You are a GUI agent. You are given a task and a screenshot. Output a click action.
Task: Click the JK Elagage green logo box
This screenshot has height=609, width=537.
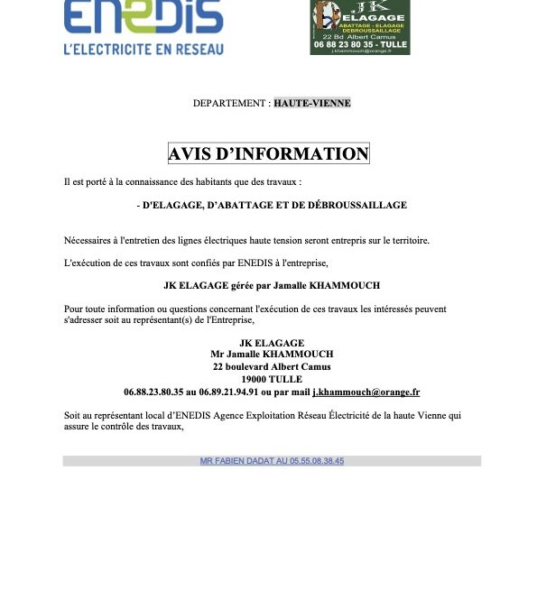pos(359,27)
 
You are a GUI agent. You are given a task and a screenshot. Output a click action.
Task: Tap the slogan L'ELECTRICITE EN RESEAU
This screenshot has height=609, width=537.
pos(144,49)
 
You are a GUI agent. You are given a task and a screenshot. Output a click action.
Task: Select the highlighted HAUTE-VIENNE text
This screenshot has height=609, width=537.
pos(312,103)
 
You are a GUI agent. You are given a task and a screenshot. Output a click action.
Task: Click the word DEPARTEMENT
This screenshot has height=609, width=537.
pos(230,103)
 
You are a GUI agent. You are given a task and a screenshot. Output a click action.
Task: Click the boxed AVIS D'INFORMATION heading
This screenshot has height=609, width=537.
pos(268,153)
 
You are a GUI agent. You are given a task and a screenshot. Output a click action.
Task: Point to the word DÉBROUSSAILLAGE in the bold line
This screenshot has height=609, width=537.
pos(358,205)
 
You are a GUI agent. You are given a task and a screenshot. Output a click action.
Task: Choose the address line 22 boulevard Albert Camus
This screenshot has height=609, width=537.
pos(272,367)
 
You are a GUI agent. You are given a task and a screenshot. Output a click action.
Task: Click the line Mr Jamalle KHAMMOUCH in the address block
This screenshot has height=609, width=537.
pos(272,355)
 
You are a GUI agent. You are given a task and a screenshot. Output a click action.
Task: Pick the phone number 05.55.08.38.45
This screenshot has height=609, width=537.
pos(315,461)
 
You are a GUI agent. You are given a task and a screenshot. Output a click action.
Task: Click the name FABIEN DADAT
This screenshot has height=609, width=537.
pos(243,461)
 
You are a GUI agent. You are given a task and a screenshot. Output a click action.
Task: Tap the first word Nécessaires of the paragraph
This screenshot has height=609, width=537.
pos(88,240)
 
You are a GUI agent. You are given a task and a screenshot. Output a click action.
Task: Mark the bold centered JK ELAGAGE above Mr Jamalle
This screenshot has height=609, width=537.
pos(272,343)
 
